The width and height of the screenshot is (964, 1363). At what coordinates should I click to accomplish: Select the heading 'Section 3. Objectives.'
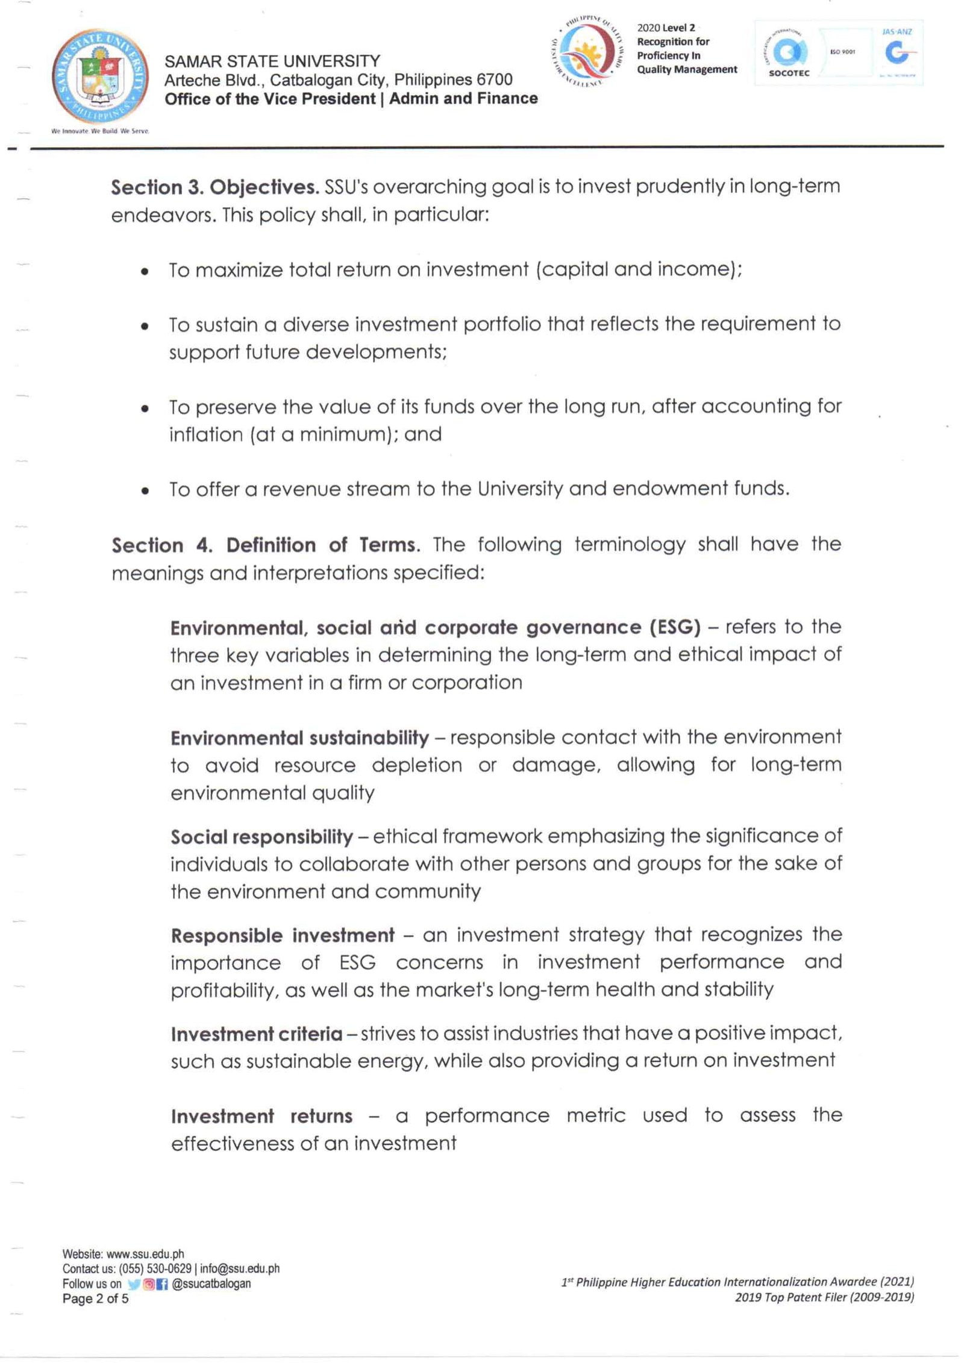pos(214,187)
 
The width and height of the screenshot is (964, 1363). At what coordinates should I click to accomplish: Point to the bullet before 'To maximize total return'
pos(144,272)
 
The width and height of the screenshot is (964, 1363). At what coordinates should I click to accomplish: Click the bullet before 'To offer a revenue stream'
pos(144,491)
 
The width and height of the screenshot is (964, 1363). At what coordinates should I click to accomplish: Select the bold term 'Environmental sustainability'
pos(299,738)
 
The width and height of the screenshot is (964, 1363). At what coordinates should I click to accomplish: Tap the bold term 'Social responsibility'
pos(261,837)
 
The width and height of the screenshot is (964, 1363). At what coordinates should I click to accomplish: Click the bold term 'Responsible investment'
pos(283,936)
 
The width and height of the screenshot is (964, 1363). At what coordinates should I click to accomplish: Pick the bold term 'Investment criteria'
pos(256,1035)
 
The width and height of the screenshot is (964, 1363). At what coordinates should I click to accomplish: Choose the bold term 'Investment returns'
pos(261,1117)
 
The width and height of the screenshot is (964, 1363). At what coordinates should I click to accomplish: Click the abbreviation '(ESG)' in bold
pos(675,628)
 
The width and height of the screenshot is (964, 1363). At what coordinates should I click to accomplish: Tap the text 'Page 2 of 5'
pos(95,1299)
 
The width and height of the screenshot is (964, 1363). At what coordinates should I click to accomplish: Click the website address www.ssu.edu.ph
pos(145,1255)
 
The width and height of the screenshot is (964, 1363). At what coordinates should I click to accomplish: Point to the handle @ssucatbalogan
pos(211,1284)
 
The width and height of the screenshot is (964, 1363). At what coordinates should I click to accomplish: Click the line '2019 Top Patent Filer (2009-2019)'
pos(824,1298)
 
